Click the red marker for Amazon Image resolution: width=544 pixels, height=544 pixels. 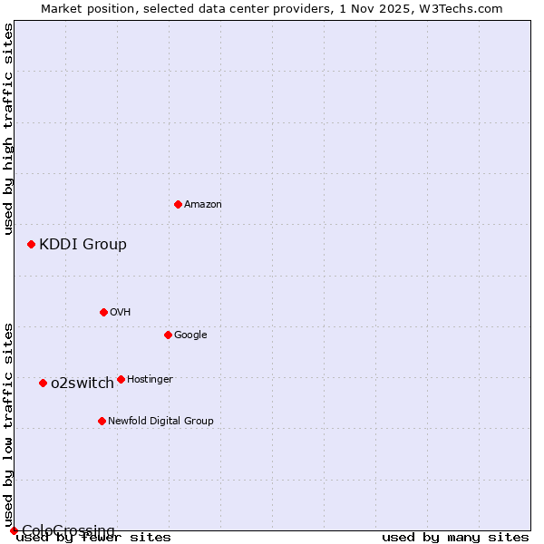[178, 204]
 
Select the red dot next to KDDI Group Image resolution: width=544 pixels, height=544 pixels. [31, 244]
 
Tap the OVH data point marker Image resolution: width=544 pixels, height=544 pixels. [103, 312]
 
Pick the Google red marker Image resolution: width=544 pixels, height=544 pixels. [168, 335]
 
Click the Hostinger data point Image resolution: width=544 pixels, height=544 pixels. [121, 379]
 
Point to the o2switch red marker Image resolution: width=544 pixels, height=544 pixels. [43, 383]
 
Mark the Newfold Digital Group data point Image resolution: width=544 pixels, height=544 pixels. [102, 421]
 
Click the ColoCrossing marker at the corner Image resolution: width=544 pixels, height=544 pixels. [14, 530]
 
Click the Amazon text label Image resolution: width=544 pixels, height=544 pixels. [203, 205]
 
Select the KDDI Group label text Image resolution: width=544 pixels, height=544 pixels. [83, 244]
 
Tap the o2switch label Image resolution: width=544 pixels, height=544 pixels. [83, 383]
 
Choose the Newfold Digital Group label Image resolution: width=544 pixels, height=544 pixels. [160, 421]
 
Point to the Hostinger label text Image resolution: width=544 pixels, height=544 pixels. [150, 379]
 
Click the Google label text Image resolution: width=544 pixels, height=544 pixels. [190, 335]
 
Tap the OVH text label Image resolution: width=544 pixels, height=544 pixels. [121, 312]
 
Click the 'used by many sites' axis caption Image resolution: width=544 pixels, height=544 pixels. [455, 538]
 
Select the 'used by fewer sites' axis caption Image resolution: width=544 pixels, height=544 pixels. [93, 538]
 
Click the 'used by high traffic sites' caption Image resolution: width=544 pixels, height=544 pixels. [8, 129]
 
